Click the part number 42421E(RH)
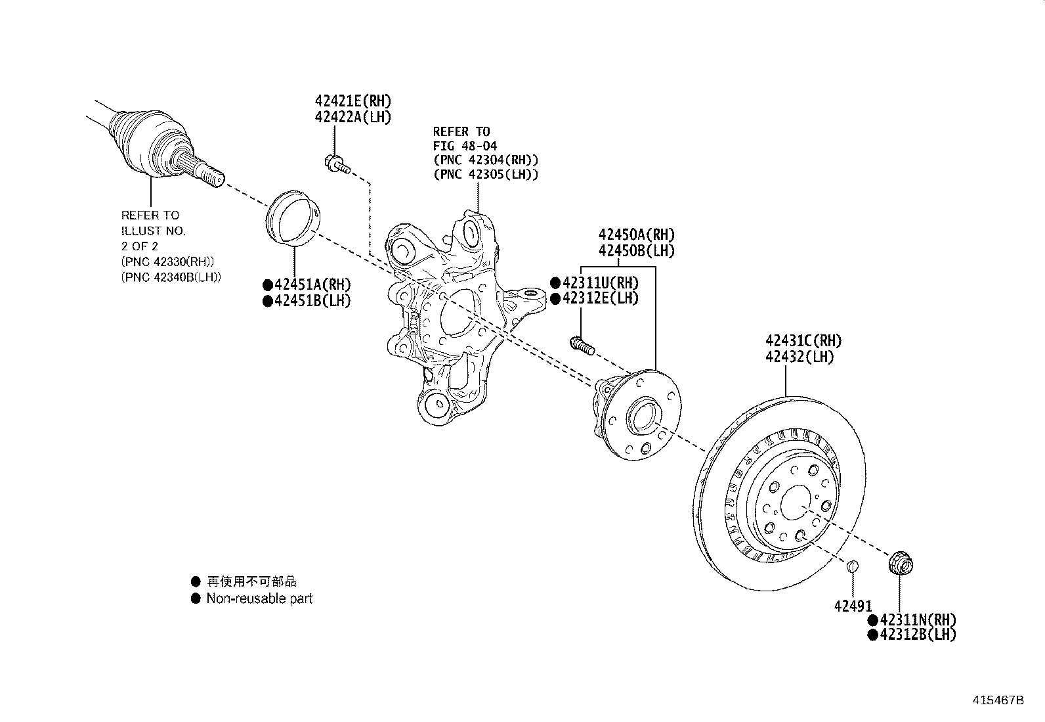click(x=353, y=101)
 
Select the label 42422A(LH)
click(x=353, y=117)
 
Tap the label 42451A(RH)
click(x=312, y=284)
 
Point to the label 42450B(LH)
click(x=637, y=251)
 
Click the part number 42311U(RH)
click(x=601, y=283)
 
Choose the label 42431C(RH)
click(x=804, y=341)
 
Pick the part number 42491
click(x=853, y=606)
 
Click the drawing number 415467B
click(x=998, y=700)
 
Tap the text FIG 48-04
click(x=465, y=146)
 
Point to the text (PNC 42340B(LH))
click(x=171, y=277)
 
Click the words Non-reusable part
click(x=259, y=598)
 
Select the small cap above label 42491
click(x=852, y=566)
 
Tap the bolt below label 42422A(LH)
click(x=337, y=164)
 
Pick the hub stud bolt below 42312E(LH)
click(x=582, y=346)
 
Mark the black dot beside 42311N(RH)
click(x=873, y=620)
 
